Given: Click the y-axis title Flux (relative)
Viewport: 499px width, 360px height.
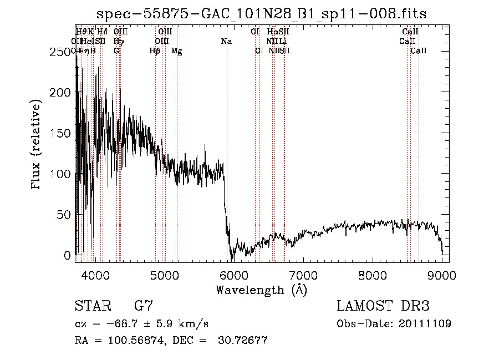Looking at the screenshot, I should click(37, 145).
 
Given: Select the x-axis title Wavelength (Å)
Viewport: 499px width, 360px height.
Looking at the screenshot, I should click(261, 290).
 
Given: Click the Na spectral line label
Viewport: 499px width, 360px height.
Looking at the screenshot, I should click(226, 41).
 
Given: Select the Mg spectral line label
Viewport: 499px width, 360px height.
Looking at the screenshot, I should click(176, 51).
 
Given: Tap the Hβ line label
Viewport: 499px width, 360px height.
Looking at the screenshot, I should click(155, 51).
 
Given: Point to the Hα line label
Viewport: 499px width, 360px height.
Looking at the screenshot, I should click(272, 32).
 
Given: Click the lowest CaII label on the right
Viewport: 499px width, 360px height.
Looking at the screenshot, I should click(419, 51).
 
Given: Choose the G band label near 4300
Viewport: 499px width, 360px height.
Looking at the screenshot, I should click(116, 51).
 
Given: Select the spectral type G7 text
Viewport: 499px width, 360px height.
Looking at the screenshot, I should click(144, 306).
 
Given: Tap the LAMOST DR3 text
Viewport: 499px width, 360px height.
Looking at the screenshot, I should click(383, 306).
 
